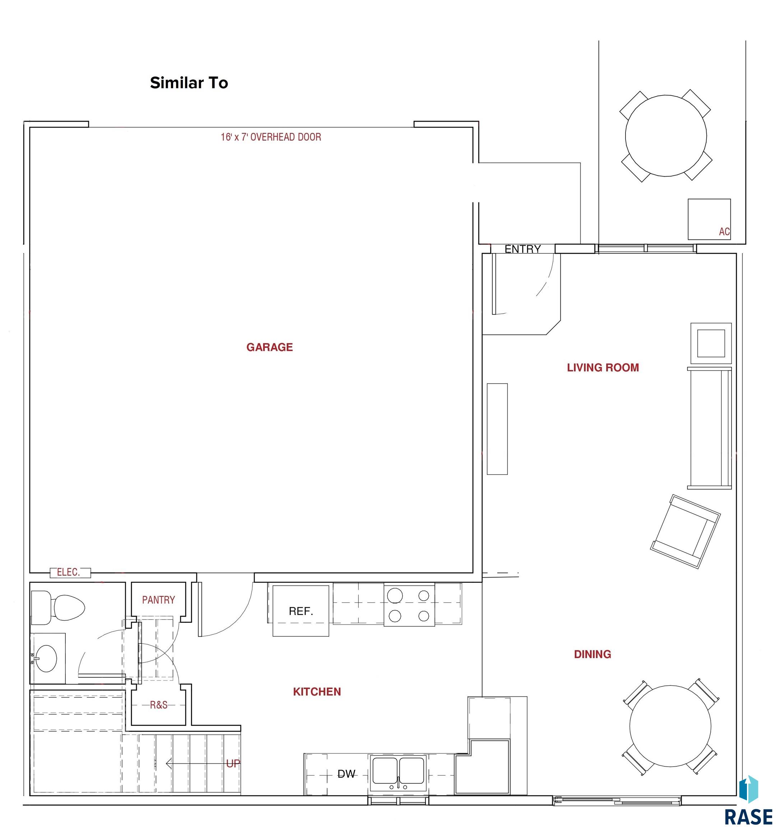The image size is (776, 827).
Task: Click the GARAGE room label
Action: pyautogui.click(x=270, y=347)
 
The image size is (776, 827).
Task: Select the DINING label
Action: pyautogui.click(x=593, y=654)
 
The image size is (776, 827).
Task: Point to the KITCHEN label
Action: pyautogui.click(x=317, y=692)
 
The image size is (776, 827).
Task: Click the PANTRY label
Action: pyautogui.click(x=158, y=600)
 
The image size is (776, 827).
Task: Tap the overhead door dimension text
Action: pyautogui.click(x=271, y=137)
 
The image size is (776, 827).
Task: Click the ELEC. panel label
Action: pyautogui.click(x=68, y=573)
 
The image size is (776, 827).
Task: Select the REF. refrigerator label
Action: pyautogui.click(x=301, y=611)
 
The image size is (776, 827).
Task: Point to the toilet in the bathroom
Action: pyautogui.click(x=58, y=608)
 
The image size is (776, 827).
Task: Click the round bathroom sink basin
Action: pyautogui.click(x=46, y=659)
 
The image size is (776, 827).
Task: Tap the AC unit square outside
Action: pyautogui.click(x=709, y=219)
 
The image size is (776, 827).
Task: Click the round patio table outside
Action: pyautogui.click(x=666, y=136)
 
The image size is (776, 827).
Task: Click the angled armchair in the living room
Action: pyautogui.click(x=685, y=531)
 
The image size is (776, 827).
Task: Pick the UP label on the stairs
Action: pyautogui.click(x=233, y=763)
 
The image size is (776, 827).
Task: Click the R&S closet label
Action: pyautogui.click(x=158, y=705)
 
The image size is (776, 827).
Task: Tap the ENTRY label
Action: pyautogui.click(x=522, y=249)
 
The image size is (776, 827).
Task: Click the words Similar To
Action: pyautogui.click(x=189, y=83)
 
